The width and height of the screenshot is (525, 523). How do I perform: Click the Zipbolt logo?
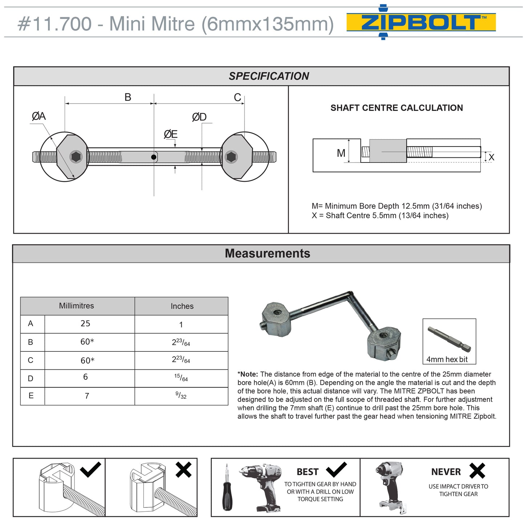click(421, 22)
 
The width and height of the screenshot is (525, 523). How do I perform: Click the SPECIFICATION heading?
click(268, 76)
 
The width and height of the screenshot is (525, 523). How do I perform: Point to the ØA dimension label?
click(39, 116)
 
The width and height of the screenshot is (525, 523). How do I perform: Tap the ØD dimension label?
click(199, 117)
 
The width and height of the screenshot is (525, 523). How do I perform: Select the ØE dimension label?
click(170, 134)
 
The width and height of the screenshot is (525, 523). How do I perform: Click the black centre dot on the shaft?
click(154, 157)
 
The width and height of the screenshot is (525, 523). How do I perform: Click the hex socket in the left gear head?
click(76, 157)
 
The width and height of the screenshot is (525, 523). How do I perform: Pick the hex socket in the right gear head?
click(231, 157)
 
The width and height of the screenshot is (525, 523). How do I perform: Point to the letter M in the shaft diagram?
click(341, 153)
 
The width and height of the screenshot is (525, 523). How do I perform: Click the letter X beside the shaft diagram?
click(491, 157)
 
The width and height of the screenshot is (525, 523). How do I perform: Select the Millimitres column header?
click(76, 306)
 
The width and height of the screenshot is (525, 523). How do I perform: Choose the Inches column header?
click(182, 306)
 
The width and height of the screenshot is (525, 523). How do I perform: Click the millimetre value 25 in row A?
click(85, 323)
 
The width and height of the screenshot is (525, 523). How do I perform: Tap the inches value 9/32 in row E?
click(181, 395)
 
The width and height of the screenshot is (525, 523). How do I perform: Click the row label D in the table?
click(31, 378)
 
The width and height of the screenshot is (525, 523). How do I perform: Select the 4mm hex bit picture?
click(449, 338)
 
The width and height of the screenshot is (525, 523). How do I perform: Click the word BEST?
click(307, 472)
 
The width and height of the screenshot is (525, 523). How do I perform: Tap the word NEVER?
click(446, 472)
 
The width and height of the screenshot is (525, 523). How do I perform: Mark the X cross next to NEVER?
click(477, 471)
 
